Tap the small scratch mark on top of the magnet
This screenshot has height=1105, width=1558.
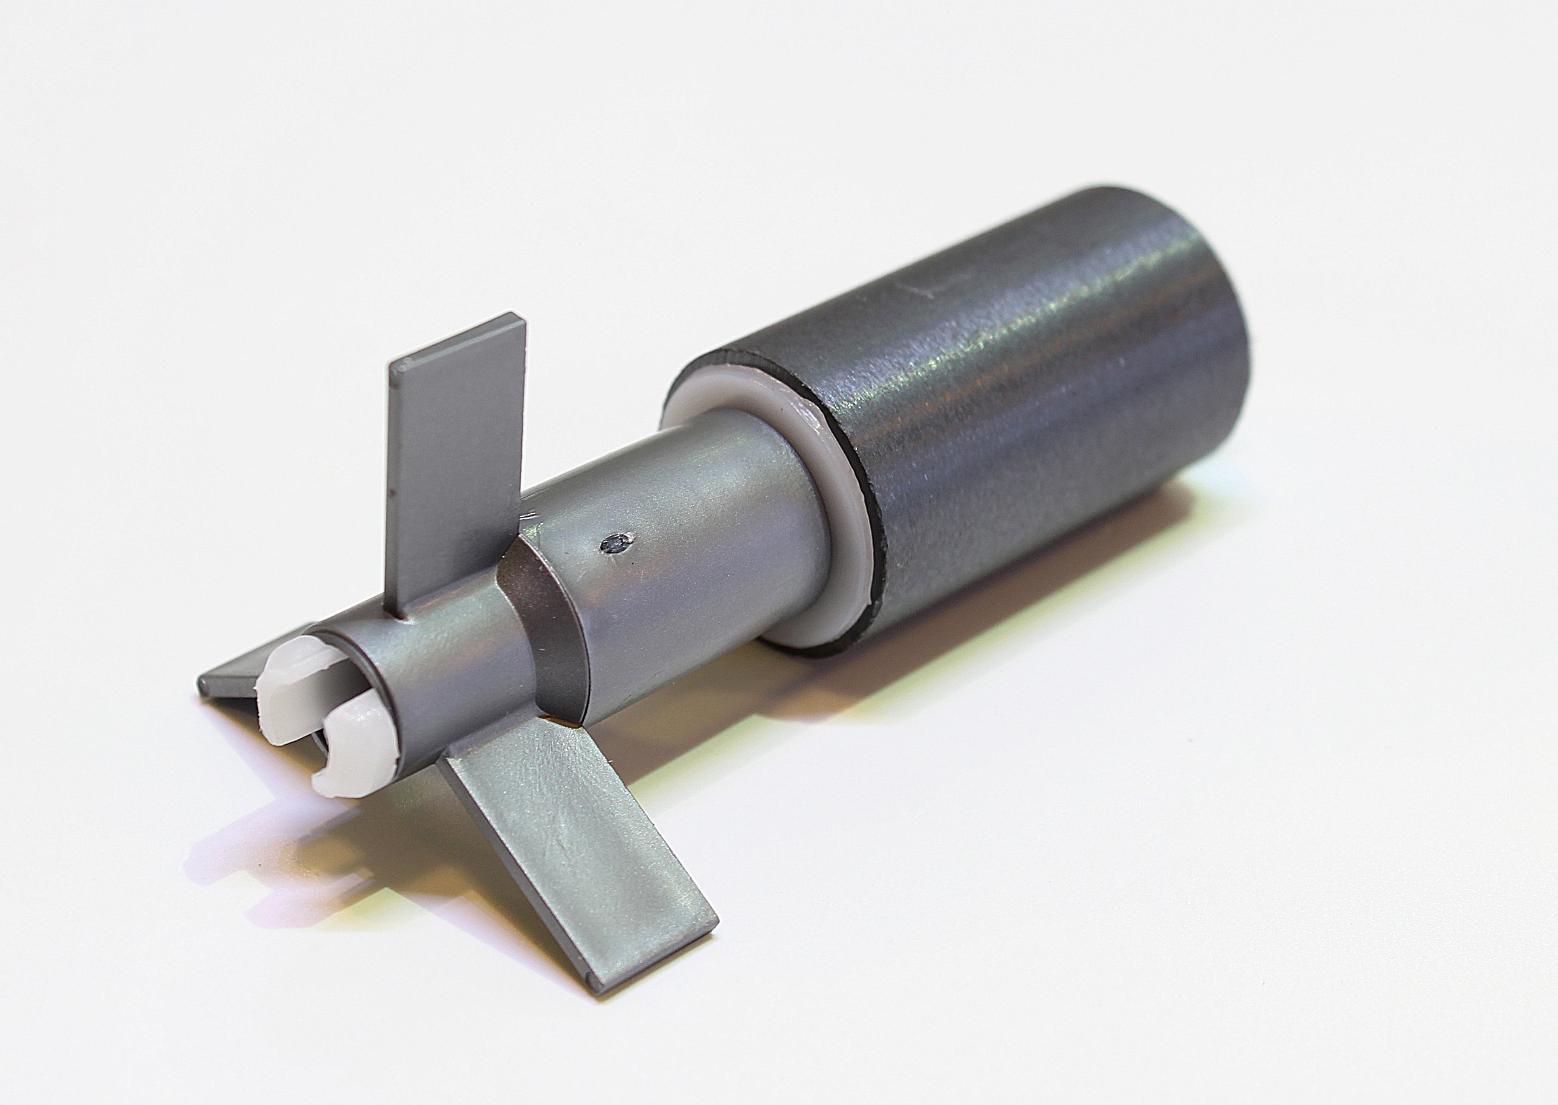[932, 289]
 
